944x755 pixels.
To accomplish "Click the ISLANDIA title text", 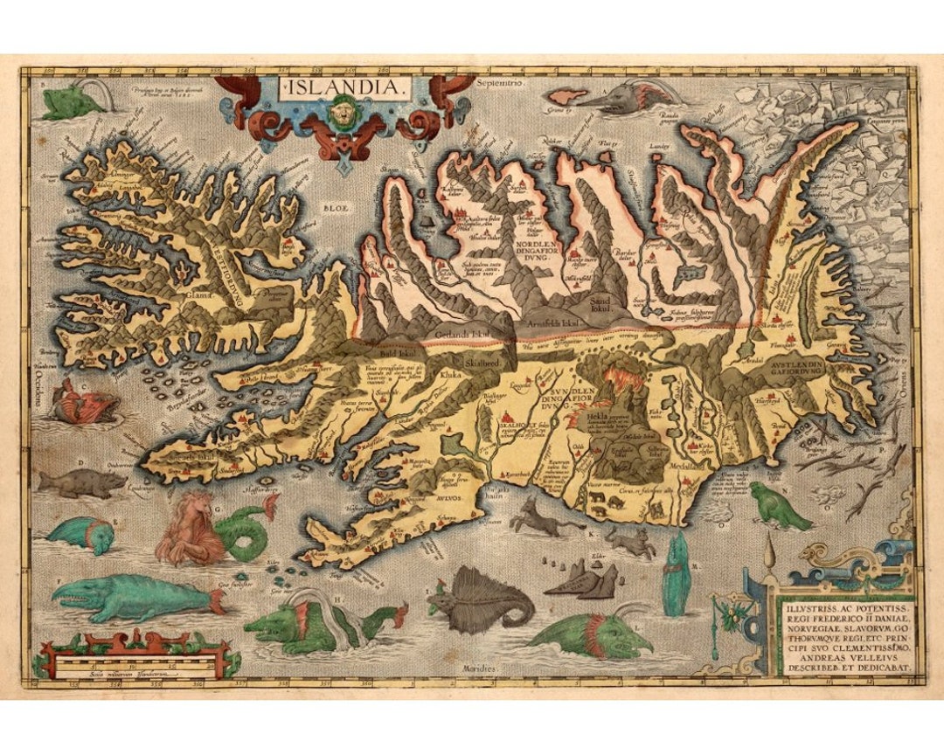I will click(344, 88).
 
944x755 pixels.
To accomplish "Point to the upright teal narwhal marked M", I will click(676, 575).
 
